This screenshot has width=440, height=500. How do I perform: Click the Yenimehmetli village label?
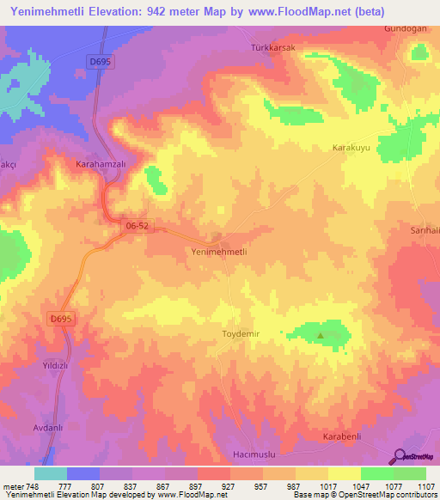click(x=218, y=252)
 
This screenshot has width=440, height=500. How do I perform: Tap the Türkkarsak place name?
click(x=272, y=48)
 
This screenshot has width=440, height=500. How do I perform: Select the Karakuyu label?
click(x=351, y=148)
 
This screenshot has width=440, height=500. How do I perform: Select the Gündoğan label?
click(x=405, y=28)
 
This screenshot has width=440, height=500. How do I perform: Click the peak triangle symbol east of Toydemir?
click(x=321, y=335)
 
